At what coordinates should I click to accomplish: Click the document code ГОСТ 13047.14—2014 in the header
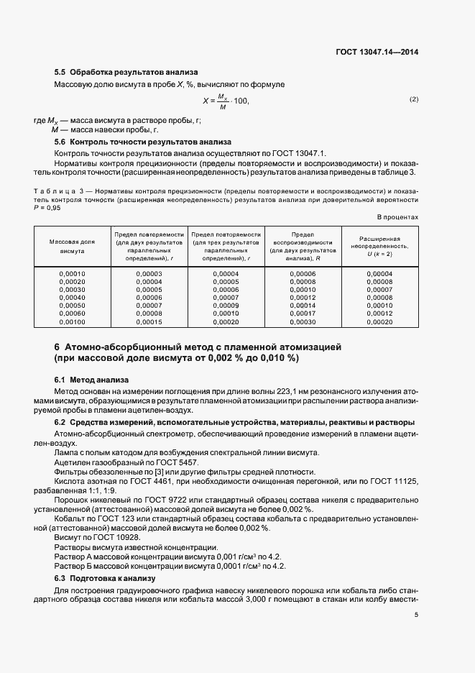pyautogui.click(x=379, y=52)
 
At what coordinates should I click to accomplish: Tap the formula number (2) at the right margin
pyautogui.click(x=414, y=99)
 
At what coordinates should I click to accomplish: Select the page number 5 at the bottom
pyautogui.click(x=417, y=615)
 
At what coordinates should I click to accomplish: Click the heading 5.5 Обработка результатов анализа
pyautogui.click(x=126, y=73)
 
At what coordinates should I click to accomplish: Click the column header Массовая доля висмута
pyautogui.click(x=72, y=247)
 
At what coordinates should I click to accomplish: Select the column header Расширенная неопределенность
pyautogui.click(x=379, y=246)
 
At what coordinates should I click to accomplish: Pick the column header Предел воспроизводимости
pyautogui.click(x=303, y=246)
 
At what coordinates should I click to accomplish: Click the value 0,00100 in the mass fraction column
pyautogui.click(x=72, y=323)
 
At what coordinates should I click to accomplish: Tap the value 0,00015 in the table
pyautogui.click(x=149, y=323)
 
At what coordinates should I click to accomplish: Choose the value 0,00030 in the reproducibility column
pyautogui.click(x=303, y=323)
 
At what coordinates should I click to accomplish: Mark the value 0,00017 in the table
pyautogui.click(x=303, y=314)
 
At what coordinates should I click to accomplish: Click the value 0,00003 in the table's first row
pyautogui.click(x=149, y=274)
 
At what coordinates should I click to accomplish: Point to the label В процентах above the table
pyautogui.click(x=397, y=216)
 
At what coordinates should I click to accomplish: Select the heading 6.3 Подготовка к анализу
pyautogui.click(x=105, y=578)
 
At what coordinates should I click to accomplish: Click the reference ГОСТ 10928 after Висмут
pyautogui.click(x=115, y=537)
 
